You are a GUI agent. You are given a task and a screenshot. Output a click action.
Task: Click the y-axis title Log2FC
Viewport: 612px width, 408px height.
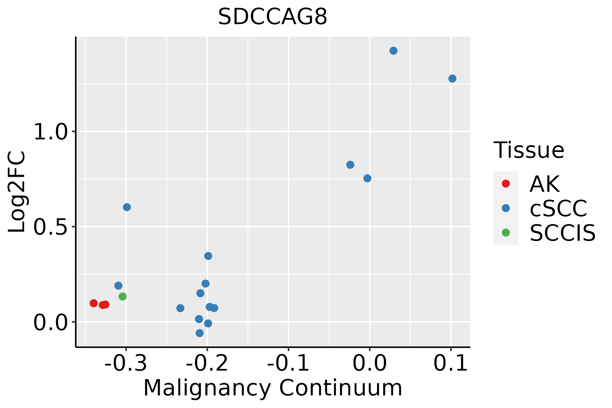(17, 192)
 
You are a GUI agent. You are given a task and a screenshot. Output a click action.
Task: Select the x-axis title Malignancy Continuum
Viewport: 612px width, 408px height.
(273, 388)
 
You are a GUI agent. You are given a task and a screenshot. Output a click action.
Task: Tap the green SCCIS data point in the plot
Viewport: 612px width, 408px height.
(122, 296)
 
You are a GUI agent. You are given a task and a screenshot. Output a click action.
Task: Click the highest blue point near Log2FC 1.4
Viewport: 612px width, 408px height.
(393, 51)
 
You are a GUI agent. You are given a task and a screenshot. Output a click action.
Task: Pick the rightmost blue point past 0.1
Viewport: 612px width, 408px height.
(452, 79)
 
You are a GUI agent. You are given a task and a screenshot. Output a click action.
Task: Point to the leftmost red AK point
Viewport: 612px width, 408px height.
(93, 303)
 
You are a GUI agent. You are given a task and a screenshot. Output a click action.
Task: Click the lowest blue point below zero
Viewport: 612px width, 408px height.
(200, 333)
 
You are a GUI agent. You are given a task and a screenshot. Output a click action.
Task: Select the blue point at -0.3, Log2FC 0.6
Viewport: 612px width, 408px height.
(127, 207)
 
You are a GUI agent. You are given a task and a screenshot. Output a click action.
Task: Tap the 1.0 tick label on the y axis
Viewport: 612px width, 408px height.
(51, 132)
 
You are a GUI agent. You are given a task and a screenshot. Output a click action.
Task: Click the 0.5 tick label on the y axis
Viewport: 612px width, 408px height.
(51, 227)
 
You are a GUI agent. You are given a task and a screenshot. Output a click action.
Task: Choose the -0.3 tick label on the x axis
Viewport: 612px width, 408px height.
(126, 363)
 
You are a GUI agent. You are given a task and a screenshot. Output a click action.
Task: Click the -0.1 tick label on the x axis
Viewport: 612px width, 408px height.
(288, 363)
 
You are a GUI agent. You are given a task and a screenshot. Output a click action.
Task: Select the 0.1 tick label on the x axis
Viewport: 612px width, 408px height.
(451, 363)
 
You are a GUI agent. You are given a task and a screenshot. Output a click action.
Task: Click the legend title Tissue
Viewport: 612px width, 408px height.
(529, 150)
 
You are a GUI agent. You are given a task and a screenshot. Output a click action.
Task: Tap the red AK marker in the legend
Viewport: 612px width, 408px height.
(506, 184)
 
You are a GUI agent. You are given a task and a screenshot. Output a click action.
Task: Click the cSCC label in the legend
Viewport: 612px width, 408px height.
(558, 208)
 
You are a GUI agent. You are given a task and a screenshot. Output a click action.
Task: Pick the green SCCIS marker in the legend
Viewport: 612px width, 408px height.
(506, 233)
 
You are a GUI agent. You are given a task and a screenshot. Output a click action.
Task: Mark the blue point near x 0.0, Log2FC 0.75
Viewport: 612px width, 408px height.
(367, 178)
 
